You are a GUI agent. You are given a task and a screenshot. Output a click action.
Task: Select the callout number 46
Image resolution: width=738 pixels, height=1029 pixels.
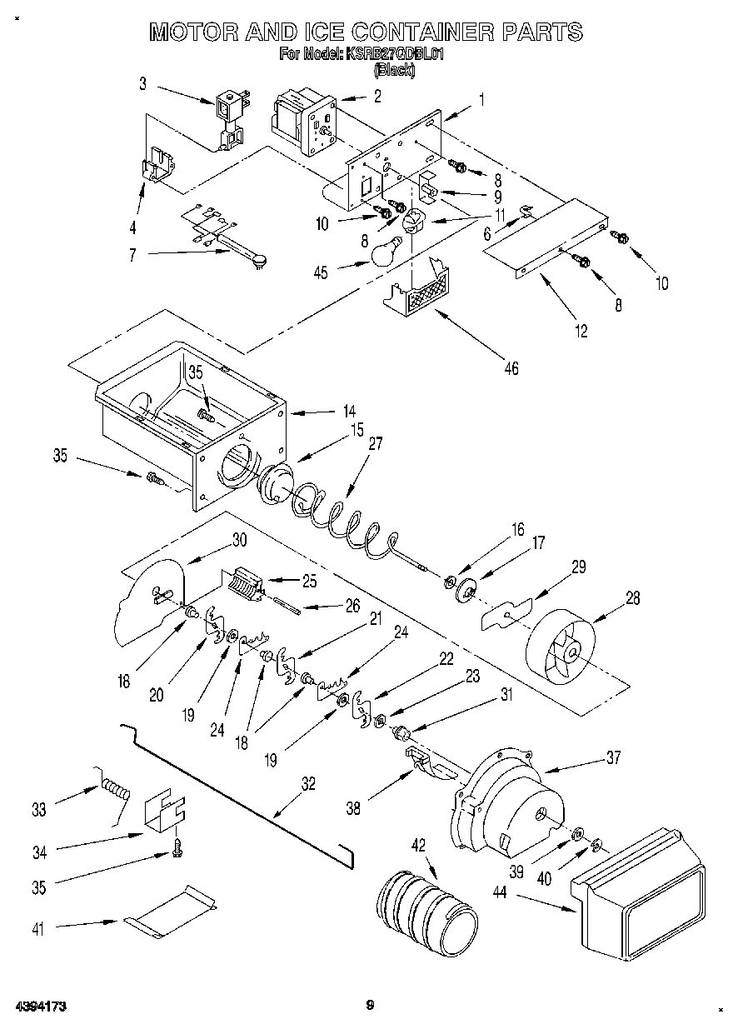coord(511,367)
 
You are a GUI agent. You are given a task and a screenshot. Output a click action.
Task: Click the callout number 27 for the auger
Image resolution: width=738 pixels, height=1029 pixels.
coord(375,443)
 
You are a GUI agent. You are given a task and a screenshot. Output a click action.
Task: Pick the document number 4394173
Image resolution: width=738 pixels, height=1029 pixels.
coord(39,1007)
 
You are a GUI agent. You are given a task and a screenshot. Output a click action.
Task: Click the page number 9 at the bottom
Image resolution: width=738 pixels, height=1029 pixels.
coord(370,1006)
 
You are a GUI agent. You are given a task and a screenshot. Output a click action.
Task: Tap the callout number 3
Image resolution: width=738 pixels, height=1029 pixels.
coord(142,83)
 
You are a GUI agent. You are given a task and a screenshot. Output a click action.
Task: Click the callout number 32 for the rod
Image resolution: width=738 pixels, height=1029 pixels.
coord(308,783)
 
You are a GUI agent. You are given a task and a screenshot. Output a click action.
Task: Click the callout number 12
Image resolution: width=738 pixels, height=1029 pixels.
coord(581,332)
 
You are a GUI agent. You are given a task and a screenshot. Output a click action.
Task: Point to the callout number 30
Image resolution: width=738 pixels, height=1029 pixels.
coord(239,539)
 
